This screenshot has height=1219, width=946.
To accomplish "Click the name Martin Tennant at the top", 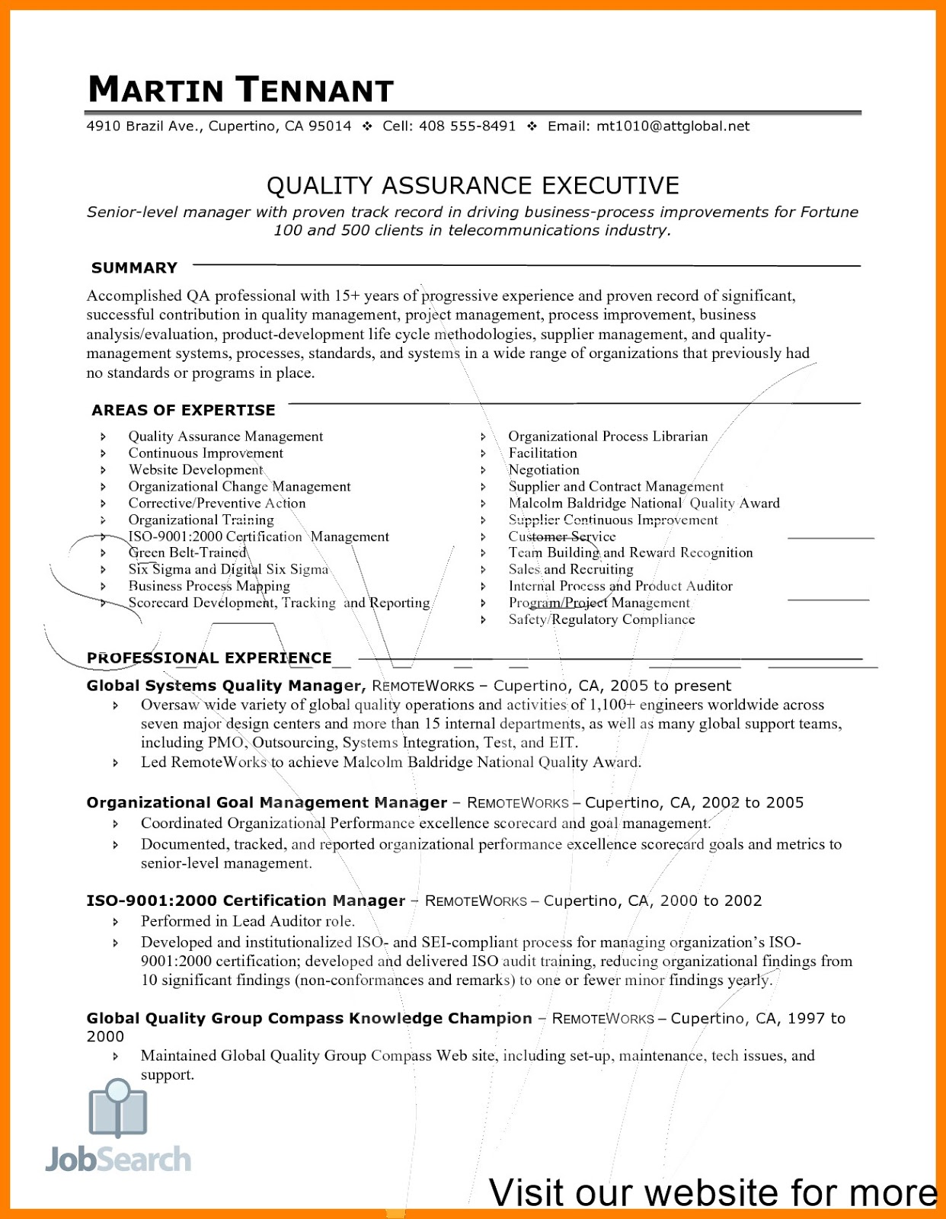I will pyautogui.click(x=241, y=90).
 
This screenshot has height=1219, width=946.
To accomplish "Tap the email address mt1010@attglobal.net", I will pyautogui.click(x=673, y=126).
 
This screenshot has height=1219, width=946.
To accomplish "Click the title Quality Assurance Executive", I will pyautogui.click(x=472, y=185).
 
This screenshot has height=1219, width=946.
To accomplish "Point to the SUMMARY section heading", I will pyautogui.click(x=134, y=268).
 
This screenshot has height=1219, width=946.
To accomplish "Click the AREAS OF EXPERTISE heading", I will pyautogui.click(x=184, y=411).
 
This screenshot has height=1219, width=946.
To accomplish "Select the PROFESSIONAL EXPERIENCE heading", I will pyautogui.click(x=209, y=657).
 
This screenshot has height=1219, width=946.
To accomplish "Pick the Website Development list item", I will pyautogui.click(x=196, y=470).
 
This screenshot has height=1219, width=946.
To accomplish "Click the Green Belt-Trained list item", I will pyautogui.click(x=187, y=553).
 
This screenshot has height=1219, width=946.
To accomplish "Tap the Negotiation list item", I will pyautogui.click(x=544, y=470).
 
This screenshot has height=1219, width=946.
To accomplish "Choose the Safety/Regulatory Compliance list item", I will pyautogui.click(x=602, y=619).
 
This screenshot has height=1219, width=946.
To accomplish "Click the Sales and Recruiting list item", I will pyautogui.click(x=570, y=570).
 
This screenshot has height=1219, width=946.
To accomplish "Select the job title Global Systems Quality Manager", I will pyautogui.click(x=225, y=686).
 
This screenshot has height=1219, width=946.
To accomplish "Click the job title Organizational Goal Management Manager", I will pyautogui.click(x=267, y=803).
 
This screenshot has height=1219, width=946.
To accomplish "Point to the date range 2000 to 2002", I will pyautogui.click(x=711, y=901).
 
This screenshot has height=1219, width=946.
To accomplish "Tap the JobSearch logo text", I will pyautogui.click(x=118, y=1160).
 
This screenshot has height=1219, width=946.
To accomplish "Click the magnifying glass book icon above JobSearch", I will pyautogui.click(x=118, y=1109).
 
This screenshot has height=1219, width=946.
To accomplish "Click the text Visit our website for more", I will pyautogui.click(x=712, y=1192).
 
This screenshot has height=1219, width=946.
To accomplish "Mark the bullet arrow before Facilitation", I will pyautogui.click(x=483, y=453).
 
